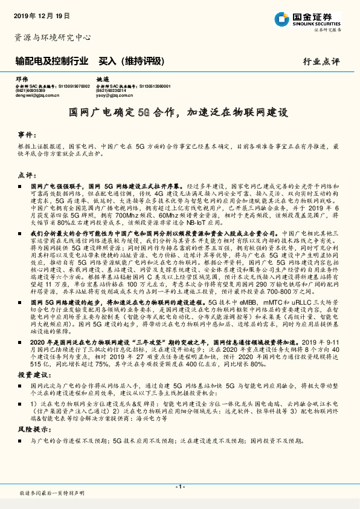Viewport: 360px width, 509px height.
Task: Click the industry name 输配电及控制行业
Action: [48, 61]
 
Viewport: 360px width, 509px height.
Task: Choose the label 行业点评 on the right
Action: [321, 62]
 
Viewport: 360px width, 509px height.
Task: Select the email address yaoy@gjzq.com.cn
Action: [115, 95]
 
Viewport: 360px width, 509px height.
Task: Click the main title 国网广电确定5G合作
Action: [179, 112]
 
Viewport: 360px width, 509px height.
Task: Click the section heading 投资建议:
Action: [30, 375]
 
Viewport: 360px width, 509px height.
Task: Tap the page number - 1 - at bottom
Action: [180, 487]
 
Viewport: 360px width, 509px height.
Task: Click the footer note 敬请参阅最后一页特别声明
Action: [50, 494]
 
